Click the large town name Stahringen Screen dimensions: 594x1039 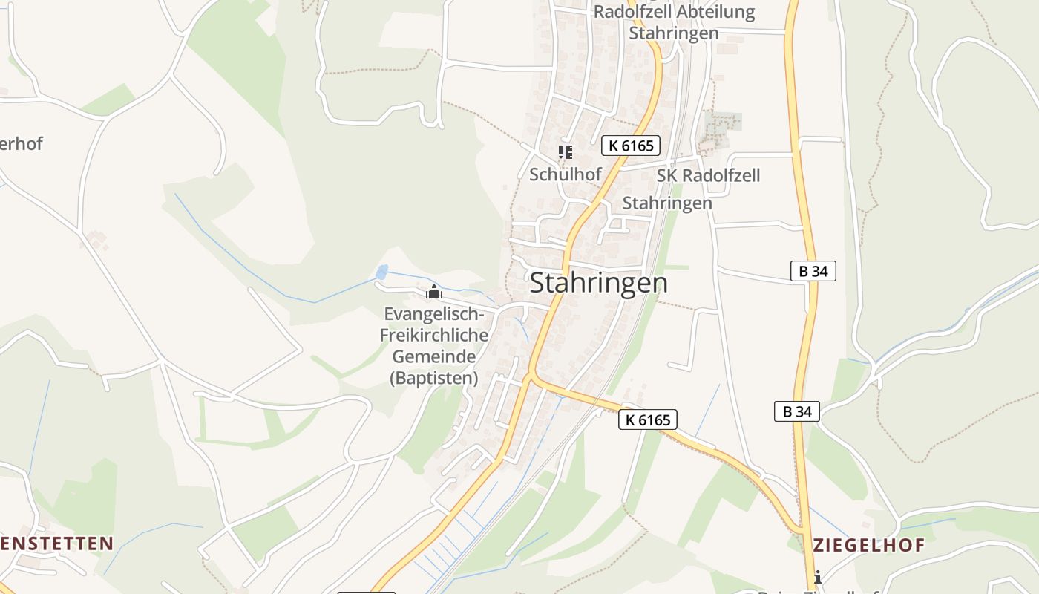[x=598, y=283]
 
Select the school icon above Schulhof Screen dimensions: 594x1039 [x=566, y=152]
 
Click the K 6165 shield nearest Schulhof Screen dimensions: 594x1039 [x=631, y=146]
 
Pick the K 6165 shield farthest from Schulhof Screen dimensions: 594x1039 [x=647, y=420]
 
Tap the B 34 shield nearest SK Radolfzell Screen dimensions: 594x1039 [x=813, y=272]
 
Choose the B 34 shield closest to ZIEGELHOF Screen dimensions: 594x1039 [x=797, y=411]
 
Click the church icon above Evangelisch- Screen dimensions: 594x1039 [x=434, y=292]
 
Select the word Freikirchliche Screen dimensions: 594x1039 [x=434, y=336]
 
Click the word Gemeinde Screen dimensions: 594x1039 [x=434, y=357]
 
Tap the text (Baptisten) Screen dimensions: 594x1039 [x=434, y=378]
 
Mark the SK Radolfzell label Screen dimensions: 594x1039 [x=708, y=176]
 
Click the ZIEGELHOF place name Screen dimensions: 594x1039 [x=869, y=546]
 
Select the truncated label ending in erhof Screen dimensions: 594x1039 [x=22, y=144]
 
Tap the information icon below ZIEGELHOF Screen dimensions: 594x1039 [x=817, y=577]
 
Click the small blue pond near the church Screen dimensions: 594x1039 [x=382, y=272]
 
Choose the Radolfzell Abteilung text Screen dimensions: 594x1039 [x=674, y=13]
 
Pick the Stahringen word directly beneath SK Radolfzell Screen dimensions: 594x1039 [x=666, y=203]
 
